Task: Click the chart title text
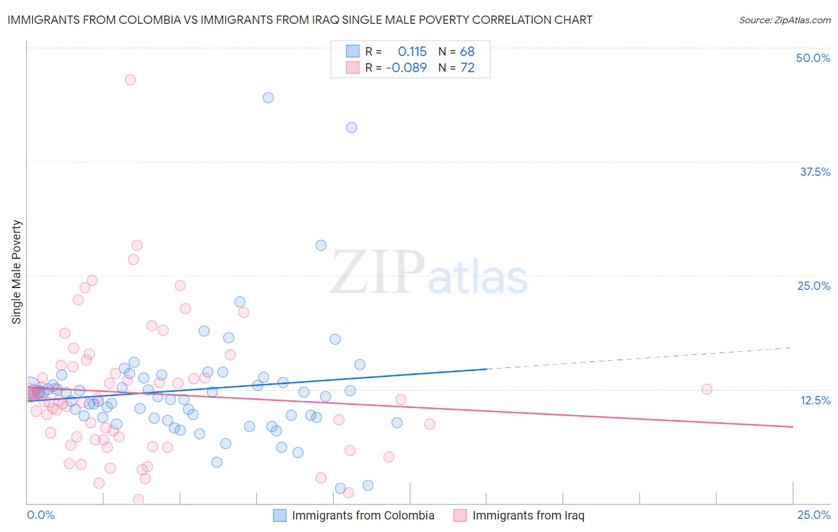(x=300, y=20)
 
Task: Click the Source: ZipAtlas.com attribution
(x=784, y=20)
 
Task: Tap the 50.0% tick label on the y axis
(x=813, y=58)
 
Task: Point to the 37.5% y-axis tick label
(x=815, y=172)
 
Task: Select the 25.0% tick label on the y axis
(x=814, y=286)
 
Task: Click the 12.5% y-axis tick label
(x=815, y=400)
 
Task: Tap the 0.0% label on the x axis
(x=41, y=515)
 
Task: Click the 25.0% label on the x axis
(x=814, y=515)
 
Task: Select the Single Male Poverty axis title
(x=17, y=272)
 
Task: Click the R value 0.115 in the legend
(x=412, y=52)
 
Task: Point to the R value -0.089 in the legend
(x=406, y=67)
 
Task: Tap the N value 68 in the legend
(x=467, y=52)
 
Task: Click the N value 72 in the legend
(x=467, y=67)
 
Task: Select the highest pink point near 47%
(x=130, y=80)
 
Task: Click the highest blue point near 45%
(x=268, y=98)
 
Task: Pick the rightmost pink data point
(x=707, y=389)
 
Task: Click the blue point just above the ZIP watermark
(x=321, y=245)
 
